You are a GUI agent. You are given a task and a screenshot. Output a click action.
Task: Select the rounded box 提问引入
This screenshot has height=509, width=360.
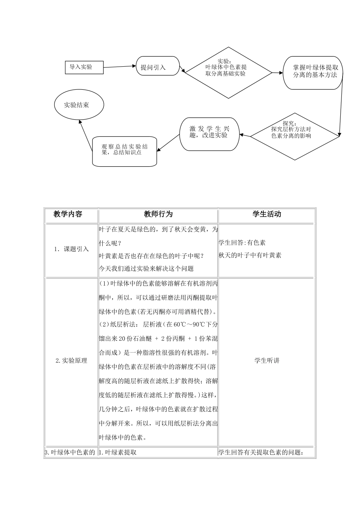point(158,67)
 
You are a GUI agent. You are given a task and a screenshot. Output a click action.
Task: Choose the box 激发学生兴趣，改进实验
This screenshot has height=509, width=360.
point(209,134)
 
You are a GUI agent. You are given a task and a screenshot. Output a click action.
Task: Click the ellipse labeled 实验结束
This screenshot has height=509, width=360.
point(79,105)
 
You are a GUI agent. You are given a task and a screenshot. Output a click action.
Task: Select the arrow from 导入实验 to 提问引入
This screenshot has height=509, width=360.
point(120,66)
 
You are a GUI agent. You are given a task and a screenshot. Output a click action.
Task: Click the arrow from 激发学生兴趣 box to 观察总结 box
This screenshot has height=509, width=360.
point(168,143)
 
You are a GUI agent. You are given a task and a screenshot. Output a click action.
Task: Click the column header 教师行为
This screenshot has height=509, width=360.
point(158,214)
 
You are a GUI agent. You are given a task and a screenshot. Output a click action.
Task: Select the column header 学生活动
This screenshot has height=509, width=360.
point(267,214)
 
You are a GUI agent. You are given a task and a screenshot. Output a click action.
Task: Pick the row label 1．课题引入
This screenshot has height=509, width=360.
point(72,249)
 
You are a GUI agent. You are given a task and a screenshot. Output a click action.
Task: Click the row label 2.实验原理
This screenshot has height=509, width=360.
point(72,361)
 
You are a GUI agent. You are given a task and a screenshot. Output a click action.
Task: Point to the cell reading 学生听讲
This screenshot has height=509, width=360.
point(267,361)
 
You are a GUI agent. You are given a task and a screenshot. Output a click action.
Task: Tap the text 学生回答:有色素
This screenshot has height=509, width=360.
point(242,243)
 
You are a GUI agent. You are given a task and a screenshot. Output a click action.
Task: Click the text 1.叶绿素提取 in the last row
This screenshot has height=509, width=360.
point(118,452)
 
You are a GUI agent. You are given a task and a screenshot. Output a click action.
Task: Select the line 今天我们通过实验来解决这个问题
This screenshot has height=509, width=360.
point(146,269)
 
